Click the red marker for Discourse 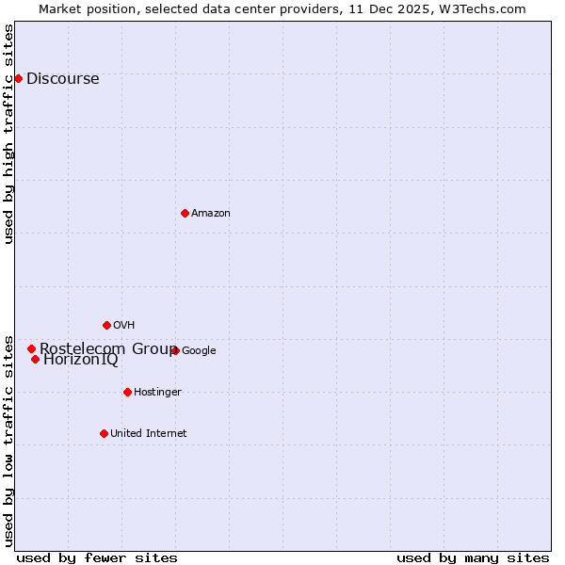[x=18, y=78]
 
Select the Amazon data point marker [x=185, y=213]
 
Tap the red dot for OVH [x=106, y=325]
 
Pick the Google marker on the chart [x=175, y=350]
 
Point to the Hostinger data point [x=127, y=392]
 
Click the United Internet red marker [x=104, y=433]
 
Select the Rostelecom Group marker [x=31, y=348]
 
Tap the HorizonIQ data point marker [x=35, y=359]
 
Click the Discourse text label [x=62, y=79]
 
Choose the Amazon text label [x=211, y=214]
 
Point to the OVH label [x=124, y=326]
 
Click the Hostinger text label [x=157, y=393]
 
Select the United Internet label [x=148, y=434]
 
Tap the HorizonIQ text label [x=81, y=360]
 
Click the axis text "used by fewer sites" [x=97, y=557]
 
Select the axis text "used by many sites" [x=473, y=557]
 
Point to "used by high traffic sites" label [x=9, y=134]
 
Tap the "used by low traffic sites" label [x=9, y=440]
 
